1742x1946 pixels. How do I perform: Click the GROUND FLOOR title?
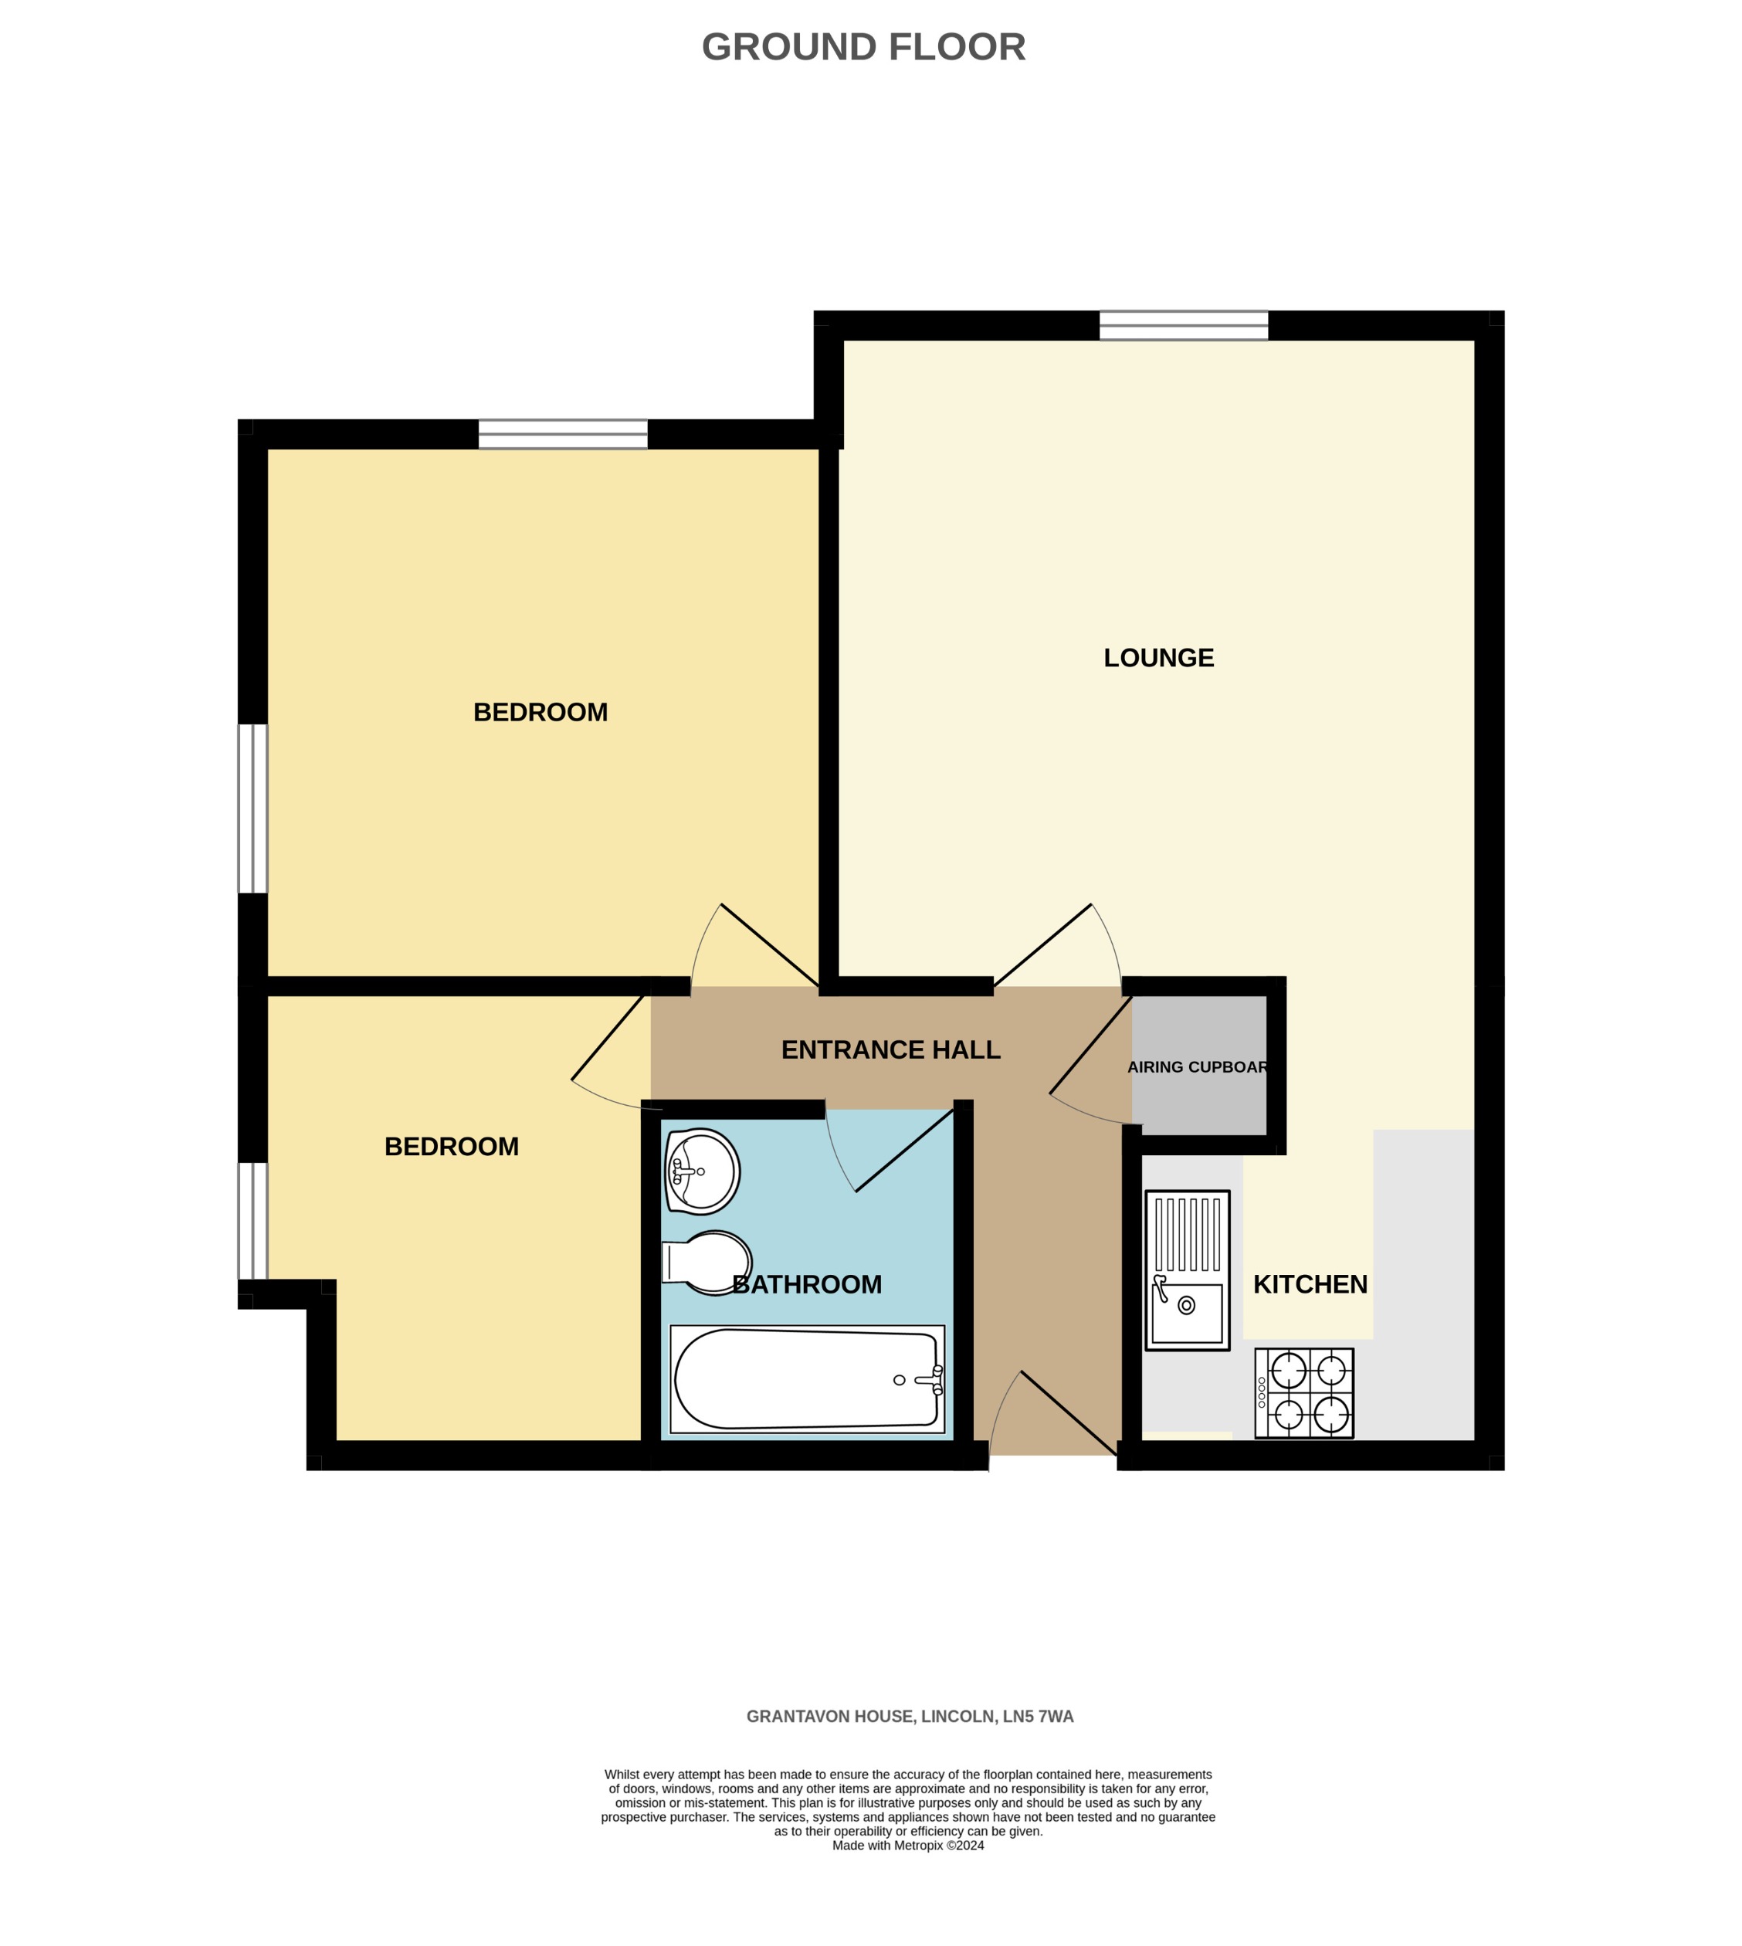pyautogui.click(x=863, y=47)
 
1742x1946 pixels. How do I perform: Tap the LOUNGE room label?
pyautogui.click(x=1158, y=658)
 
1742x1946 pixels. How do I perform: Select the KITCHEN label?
pyautogui.click(x=1310, y=1284)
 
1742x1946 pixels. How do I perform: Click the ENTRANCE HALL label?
pyautogui.click(x=890, y=1050)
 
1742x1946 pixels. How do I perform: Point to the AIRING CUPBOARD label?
pyautogui.click(x=1198, y=1067)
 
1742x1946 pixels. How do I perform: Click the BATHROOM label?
pyautogui.click(x=807, y=1284)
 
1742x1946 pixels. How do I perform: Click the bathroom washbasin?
pyautogui.click(x=702, y=1171)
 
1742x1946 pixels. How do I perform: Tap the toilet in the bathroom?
pyautogui.click(x=708, y=1263)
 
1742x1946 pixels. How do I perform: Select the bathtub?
pyautogui.click(x=807, y=1379)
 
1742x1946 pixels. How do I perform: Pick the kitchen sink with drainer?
pyautogui.click(x=1187, y=1270)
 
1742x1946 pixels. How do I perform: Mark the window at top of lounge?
pyautogui.click(x=1183, y=325)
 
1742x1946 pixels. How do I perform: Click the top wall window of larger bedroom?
pyautogui.click(x=563, y=434)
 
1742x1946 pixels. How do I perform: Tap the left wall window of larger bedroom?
pyautogui.click(x=252, y=809)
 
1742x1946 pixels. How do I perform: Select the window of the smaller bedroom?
pyautogui.click(x=252, y=1220)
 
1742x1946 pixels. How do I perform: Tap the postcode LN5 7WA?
pyautogui.click(x=1038, y=1717)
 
